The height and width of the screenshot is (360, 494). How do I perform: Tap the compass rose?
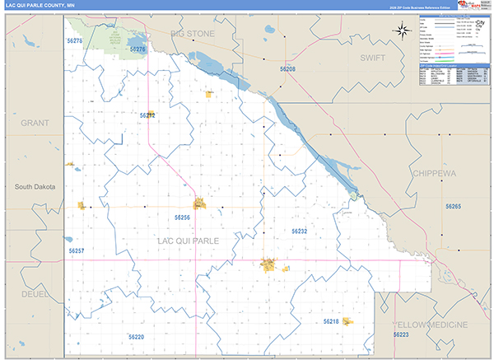[402, 32]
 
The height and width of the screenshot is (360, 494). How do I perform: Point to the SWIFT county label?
[378, 58]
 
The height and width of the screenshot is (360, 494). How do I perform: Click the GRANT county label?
[35, 123]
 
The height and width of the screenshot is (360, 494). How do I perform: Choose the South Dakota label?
[35, 187]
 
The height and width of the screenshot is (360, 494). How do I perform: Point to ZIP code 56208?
[287, 70]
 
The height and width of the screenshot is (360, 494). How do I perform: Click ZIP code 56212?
[147, 115]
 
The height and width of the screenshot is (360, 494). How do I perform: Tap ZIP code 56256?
[182, 217]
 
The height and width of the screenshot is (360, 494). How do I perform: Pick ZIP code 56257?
[77, 250]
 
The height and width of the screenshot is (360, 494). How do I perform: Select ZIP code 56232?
[299, 231]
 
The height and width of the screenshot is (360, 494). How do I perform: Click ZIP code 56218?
[331, 320]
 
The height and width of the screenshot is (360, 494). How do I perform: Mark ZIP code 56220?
[137, 337]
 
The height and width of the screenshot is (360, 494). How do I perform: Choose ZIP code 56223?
[401, 335]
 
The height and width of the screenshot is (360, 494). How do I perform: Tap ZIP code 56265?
[453, 206]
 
